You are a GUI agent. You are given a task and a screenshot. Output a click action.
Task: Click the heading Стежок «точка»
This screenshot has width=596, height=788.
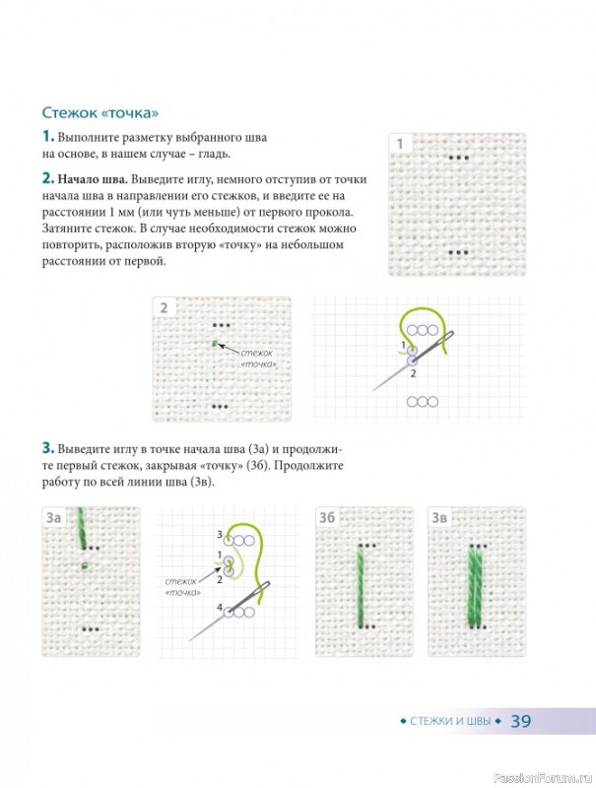click(x=100, y=112)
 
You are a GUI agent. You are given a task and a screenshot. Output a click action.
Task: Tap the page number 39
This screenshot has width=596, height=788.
click(x=521, y=721)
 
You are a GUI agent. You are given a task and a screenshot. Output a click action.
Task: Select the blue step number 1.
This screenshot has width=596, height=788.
click(x=47, y=136)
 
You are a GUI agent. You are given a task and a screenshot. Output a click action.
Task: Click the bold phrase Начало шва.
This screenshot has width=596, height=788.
click(x=93, y=179)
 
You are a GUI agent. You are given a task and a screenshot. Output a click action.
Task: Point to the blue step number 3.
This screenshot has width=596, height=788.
click(x=47, y=448)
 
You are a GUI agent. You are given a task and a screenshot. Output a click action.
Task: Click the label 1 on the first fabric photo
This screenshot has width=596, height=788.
click(x=400, y=144)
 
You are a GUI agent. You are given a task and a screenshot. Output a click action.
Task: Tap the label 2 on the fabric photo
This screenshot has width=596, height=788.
click(x=164, y=307)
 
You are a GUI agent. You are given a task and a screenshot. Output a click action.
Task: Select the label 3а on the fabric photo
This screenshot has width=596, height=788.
click(x=54, y=518)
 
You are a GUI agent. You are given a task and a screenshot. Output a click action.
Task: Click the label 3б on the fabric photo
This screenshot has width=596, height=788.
click(x=327, y=518)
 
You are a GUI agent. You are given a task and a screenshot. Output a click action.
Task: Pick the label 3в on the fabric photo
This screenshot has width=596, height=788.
click(x=439, y=518)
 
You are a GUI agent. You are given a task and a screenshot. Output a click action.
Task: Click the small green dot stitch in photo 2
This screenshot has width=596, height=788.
click(x=215, y=344)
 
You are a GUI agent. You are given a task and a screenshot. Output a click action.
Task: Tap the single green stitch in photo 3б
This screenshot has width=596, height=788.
click(x=362, y=586)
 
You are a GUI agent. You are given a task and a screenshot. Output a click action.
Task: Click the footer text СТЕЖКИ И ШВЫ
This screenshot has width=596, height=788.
click(x=450, y=721)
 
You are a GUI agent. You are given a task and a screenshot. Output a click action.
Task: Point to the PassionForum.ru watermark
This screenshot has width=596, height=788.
click(x=543, y=778)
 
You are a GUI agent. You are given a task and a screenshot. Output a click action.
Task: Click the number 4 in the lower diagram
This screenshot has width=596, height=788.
click(x=220, y=608)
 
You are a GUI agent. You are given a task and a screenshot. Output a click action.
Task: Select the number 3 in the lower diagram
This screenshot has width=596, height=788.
click(x=220, y=535)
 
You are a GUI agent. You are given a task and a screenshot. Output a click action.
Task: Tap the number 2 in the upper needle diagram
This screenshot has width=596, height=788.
click(x=413, y=373)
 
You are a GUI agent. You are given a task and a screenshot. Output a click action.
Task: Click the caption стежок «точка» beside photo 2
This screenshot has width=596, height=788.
click(x=258, y=359)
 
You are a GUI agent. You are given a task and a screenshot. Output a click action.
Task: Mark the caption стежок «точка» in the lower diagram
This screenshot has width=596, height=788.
click(x=182, y=587)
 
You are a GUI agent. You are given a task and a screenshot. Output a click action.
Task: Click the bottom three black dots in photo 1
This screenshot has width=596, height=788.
click(x=458, y=253)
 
